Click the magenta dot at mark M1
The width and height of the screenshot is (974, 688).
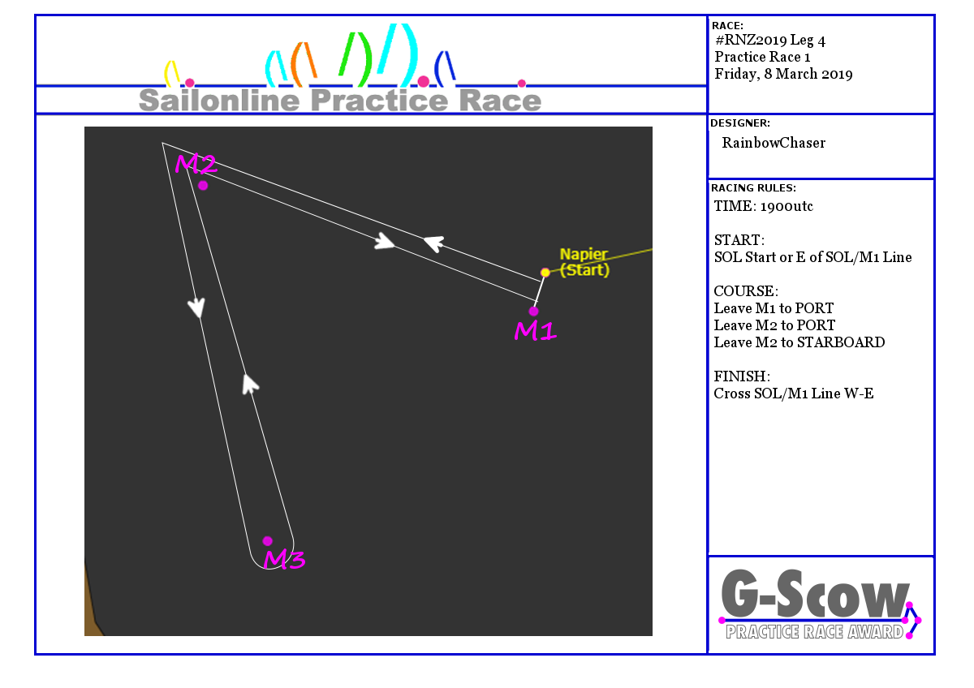tap(533, 312)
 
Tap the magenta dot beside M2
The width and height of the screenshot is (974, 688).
tap(203, 186)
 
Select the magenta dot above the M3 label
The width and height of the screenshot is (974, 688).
tap(267, 541)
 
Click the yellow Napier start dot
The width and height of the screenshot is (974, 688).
tap(545, 273)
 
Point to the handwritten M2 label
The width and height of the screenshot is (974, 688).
tap(196, 163)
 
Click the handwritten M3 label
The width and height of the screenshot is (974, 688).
tap(284, 559)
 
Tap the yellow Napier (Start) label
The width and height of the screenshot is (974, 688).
tap(584, 262)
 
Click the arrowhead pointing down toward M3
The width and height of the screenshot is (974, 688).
tap(196, 307)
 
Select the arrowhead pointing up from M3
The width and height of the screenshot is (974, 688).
tap(250, 385)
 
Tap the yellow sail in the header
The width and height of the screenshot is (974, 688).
tap(171, 74)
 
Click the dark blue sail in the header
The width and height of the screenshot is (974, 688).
tap(445, 69)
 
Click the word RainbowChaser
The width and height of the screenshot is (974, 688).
tap(774, 143)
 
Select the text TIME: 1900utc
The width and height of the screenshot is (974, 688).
tap(763, 206)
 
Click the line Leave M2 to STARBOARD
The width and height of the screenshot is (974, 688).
tap(799, 342)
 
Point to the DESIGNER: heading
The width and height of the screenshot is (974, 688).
tap(740, 123)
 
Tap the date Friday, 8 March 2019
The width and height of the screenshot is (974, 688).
tap(783, 74)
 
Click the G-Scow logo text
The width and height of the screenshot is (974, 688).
tap(815, 594)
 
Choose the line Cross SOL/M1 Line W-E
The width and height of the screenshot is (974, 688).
tap(794, 393)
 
